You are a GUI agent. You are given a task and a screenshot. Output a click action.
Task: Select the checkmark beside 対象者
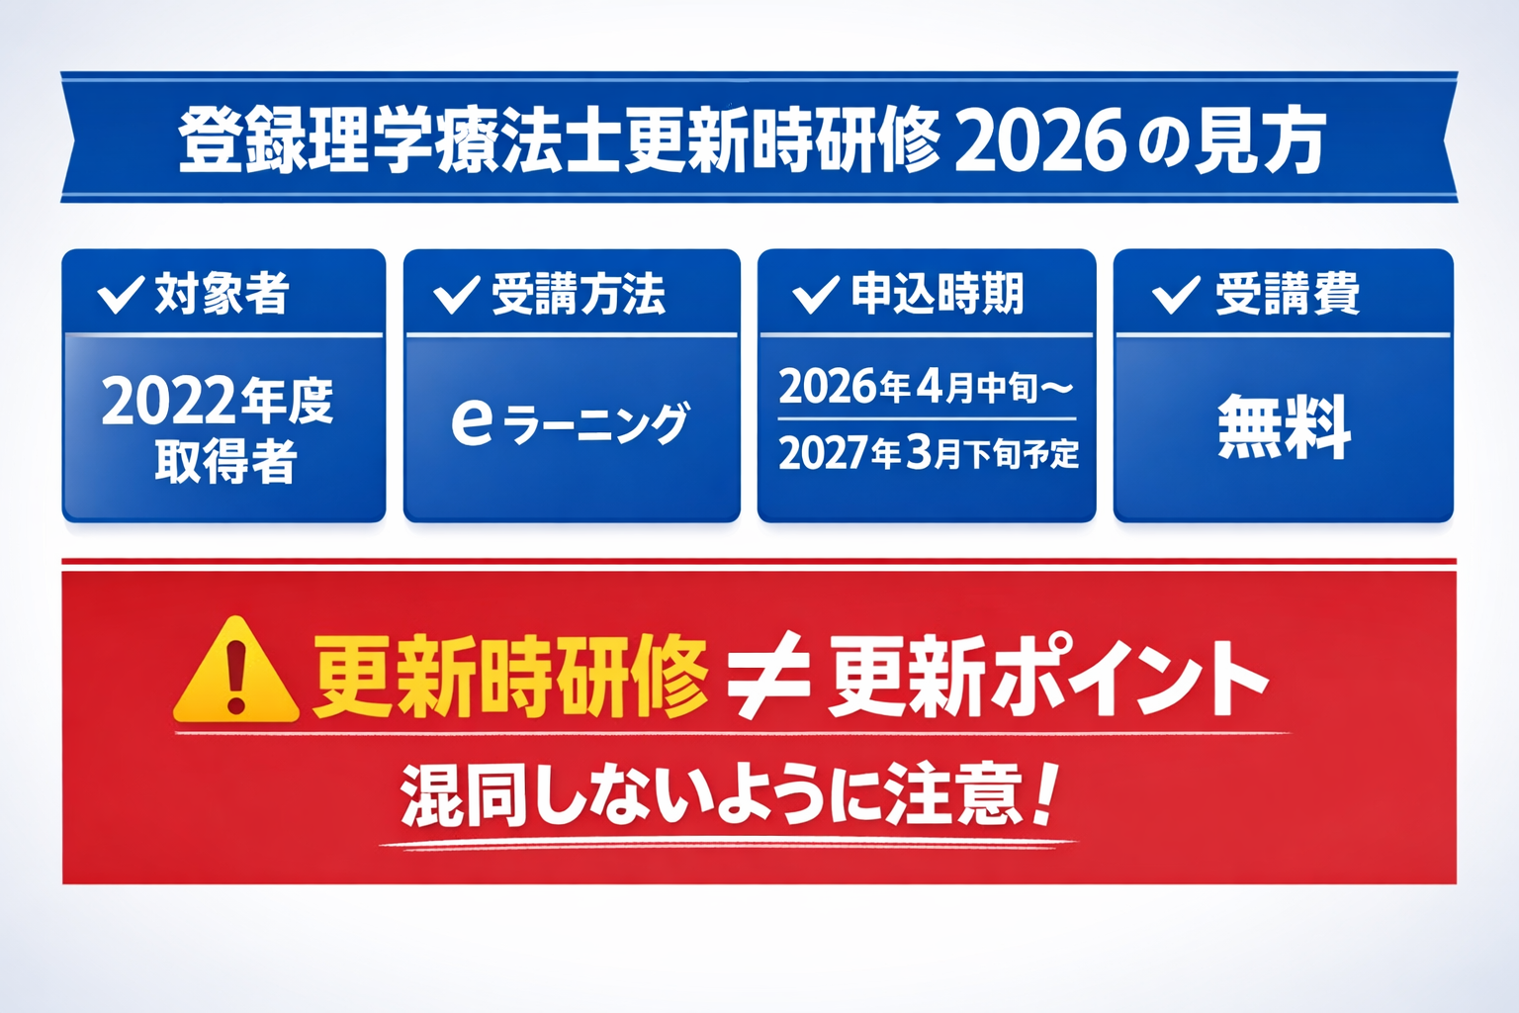tap(121, 294)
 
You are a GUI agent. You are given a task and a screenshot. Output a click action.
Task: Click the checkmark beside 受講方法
tap(457, 294)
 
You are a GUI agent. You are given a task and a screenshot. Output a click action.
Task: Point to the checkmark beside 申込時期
tap(816, 294)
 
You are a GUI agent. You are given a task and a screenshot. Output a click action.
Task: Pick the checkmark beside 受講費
tap(1176, 294)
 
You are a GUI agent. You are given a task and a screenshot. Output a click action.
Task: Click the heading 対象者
tap(222, 294)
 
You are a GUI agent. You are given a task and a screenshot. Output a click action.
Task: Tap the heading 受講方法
tap(579, 294)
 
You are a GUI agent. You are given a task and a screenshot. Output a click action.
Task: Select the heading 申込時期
tap(937, 294)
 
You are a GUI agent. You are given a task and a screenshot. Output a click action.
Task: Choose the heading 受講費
tap(1287, 294)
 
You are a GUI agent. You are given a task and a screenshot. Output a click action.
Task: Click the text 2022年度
tap(218, 402)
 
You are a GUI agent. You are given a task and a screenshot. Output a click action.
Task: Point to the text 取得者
tap(224, 461)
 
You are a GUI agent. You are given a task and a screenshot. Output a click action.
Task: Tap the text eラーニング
tap(570, 423)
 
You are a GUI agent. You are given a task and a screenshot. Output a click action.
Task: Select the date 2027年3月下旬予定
tap(928, 454)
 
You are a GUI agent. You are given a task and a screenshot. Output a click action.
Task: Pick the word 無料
tap(1284, 426)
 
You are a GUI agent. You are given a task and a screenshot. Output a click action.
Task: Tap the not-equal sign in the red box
tap(767, 677)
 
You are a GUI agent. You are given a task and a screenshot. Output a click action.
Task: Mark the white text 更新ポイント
tap(1048, 677)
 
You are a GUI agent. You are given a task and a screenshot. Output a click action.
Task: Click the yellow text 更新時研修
tap(510, 677)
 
